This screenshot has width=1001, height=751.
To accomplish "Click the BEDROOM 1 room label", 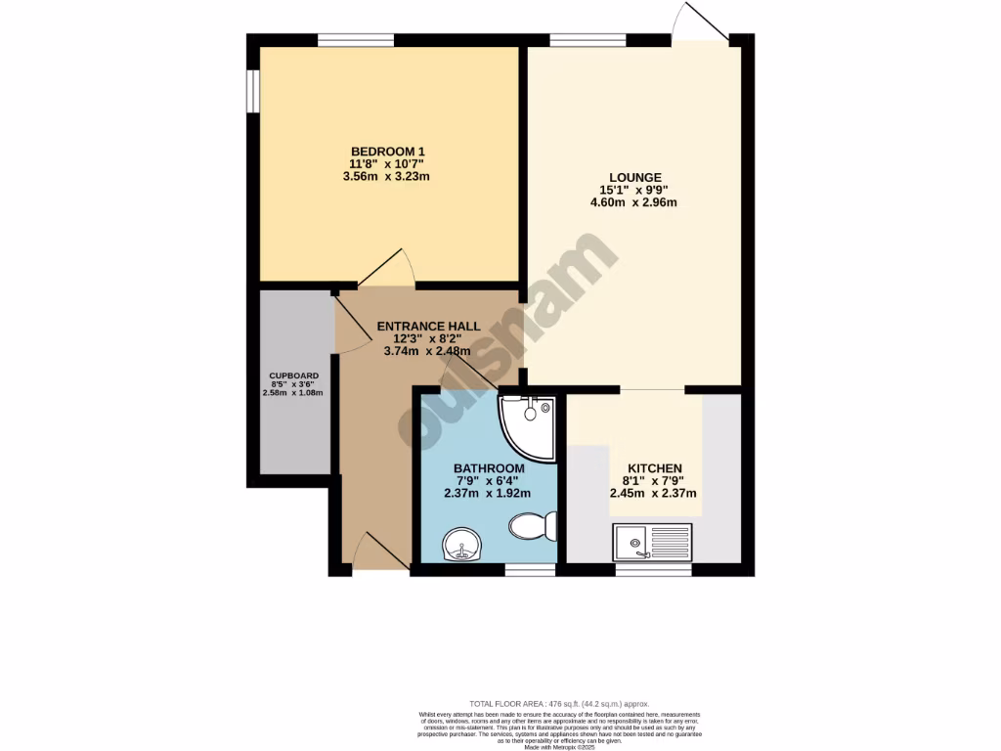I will click(x=388, y=151).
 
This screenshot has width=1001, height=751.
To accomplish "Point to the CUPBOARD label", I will click(x=293, y=375).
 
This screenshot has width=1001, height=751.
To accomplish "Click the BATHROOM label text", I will click(x=489, y=468).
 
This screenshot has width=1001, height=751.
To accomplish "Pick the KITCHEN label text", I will click(x=654, y=468).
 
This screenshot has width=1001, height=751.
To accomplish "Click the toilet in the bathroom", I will click(x=534, y=526).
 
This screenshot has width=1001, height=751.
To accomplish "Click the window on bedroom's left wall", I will click(x=252, y=90).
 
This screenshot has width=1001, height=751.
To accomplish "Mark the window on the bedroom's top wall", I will click(x=356, y=40).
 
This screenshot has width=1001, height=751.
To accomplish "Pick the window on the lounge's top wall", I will click(x=588, y=40).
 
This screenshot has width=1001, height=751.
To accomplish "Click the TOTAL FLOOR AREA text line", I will click(x=559, y=704).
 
